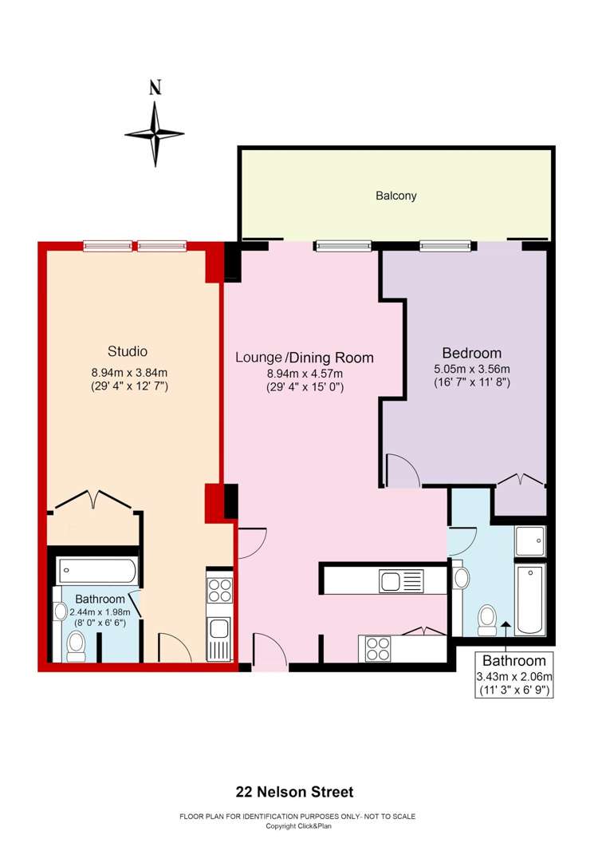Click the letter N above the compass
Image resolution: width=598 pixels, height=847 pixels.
click(155, 88)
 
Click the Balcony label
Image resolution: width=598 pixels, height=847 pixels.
click(396, 196)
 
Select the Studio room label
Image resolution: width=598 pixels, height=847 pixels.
click(128, 351)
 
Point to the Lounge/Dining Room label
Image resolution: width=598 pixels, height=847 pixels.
click(305, 358)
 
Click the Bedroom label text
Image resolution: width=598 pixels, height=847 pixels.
click(472, 354)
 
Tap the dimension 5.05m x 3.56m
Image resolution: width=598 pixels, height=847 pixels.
click(472, 370)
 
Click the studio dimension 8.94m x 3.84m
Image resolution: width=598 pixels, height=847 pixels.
click(129, 372)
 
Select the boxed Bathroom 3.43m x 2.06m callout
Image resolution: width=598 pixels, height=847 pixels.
click(514, 675)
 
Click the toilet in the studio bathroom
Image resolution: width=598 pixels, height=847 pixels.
click(76, 646)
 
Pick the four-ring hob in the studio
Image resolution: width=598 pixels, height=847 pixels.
click(219, 590)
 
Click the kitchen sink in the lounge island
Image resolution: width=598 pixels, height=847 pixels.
click(401, 581)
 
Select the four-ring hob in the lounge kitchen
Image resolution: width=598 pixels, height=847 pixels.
click(378, 649)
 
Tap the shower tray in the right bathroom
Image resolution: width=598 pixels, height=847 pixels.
click(530, 540)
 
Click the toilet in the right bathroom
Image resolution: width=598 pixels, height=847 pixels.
click(488, 620)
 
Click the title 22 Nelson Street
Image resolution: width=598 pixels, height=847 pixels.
click(295, 793)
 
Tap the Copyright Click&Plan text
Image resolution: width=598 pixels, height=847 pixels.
click(298, 826)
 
